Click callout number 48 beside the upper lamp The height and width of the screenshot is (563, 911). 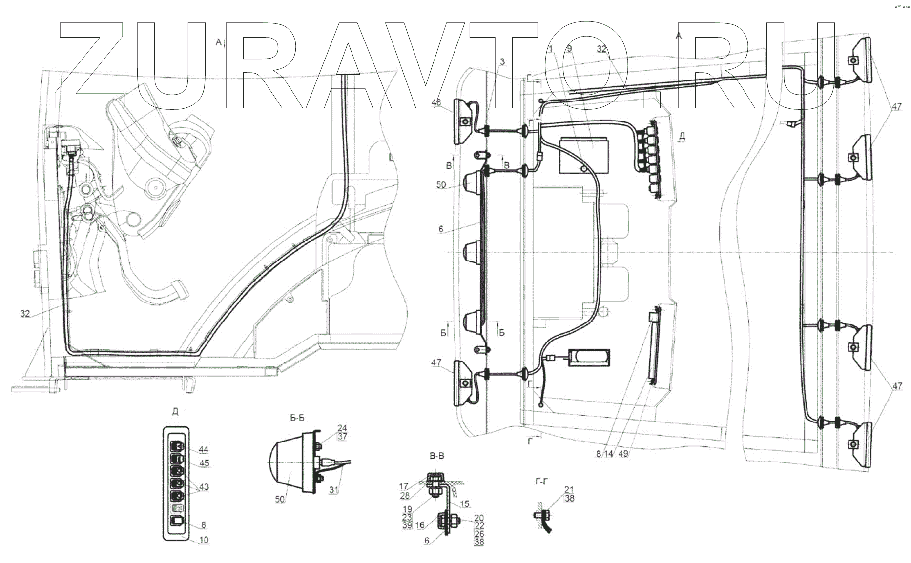[x=436, y=103]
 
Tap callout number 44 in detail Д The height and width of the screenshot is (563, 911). [x=204, y=449]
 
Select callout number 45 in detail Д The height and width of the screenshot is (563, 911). [x=205, y=463]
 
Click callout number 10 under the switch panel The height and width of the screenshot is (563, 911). [x=204, y=541]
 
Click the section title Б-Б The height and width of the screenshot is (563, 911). [x=297, y=418]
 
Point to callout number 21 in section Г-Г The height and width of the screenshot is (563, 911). [x=569, y=490]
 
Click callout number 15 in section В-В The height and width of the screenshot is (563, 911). [x=464, y=504]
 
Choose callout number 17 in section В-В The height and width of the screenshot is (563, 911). [x=403, y=486]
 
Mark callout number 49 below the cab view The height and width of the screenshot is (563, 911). [x=623, y=454]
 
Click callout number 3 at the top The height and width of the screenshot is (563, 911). [x=502, y=61]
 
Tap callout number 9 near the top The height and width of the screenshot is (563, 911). [x=569, y=49]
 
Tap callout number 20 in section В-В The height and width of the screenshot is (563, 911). [x=479, y=518]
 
